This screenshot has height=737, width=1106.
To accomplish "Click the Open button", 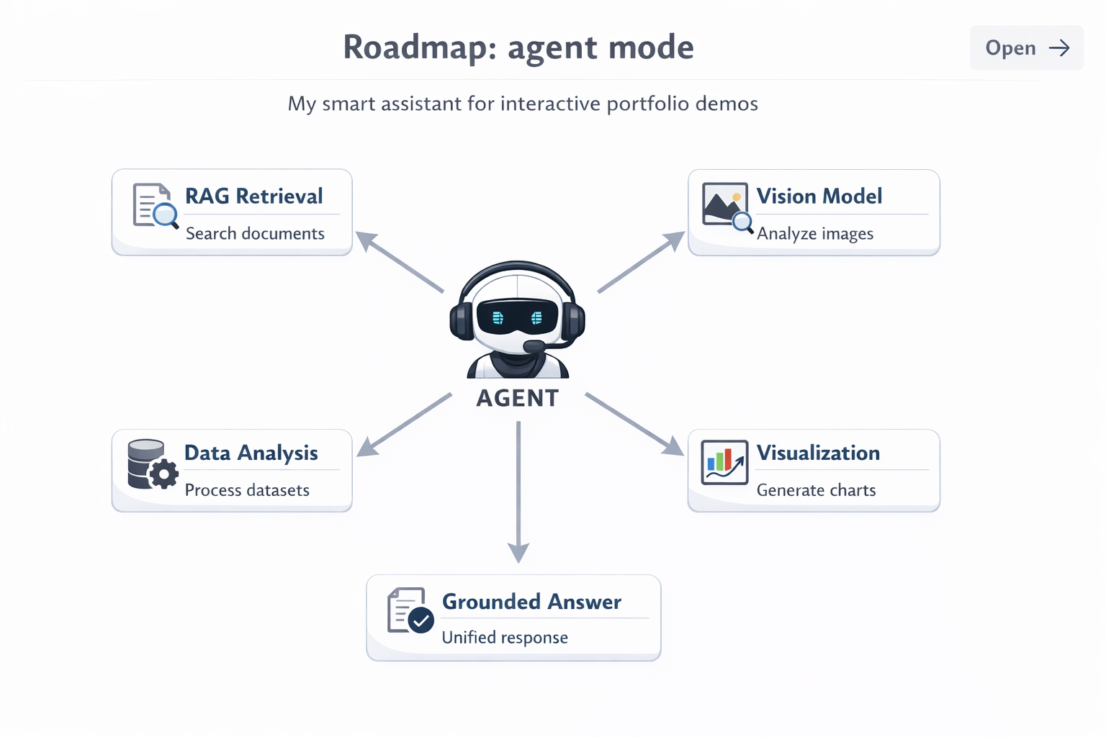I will click(1026, 48).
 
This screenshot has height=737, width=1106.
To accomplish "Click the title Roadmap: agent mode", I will click(518, 48).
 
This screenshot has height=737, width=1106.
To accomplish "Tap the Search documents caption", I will click(255, 234).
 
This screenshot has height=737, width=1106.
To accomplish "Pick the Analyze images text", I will click(814, 234).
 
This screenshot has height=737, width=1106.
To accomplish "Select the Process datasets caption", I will click(247, 490).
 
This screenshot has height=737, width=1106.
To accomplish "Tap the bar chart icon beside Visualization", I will click(724, 463).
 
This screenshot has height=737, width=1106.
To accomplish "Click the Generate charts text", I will click(816, 490).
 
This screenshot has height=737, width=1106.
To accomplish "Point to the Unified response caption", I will click(504, 638).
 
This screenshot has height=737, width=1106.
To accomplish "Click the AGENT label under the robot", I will click(517, 398).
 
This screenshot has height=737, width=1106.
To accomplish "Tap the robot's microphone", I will click(534, 347).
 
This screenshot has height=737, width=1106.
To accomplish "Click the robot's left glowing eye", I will click(498, 317).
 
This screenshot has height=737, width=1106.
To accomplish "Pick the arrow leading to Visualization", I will click(634, 425).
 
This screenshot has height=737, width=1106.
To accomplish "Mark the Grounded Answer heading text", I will click(531, 602).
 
